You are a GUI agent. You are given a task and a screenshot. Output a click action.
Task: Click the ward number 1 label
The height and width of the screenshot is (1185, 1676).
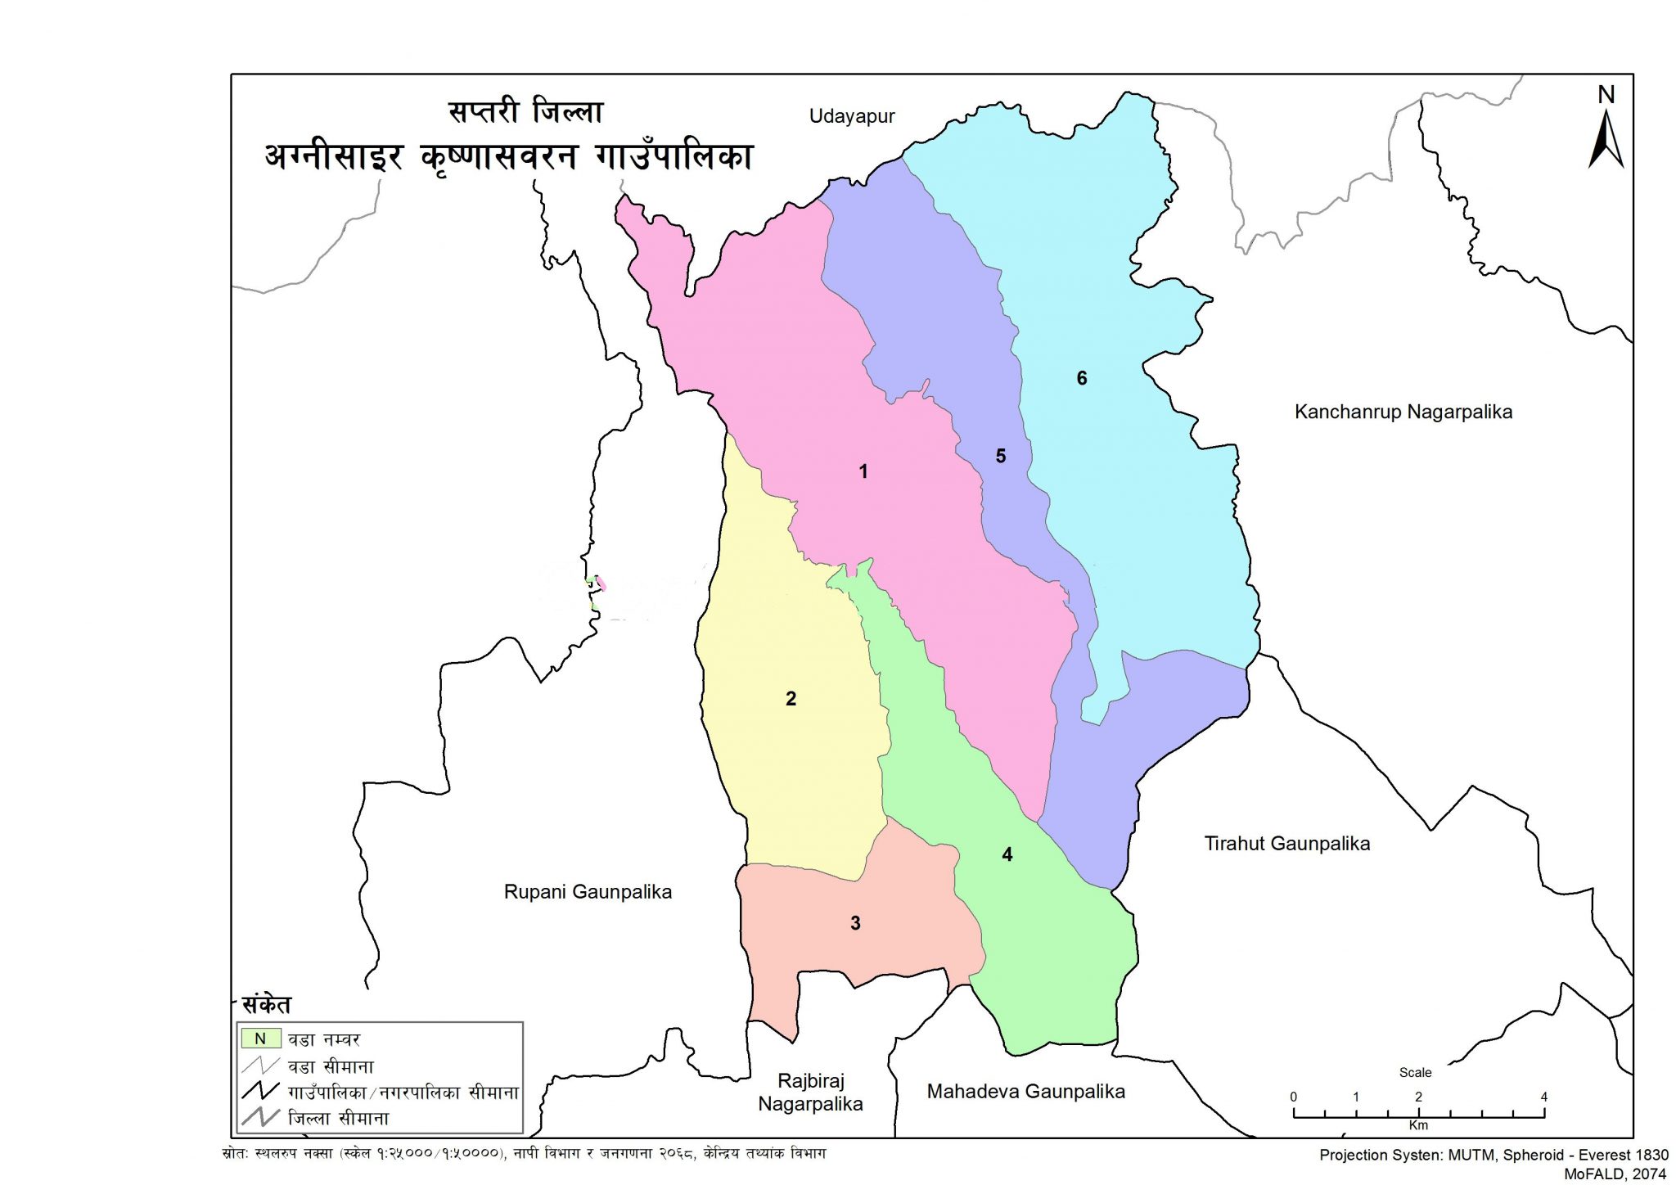click(863, 471)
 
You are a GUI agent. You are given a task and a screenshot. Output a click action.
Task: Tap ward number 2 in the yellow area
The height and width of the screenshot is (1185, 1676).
click(791, 699)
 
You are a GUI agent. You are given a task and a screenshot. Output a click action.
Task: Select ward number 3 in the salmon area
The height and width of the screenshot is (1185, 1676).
click(855, 923)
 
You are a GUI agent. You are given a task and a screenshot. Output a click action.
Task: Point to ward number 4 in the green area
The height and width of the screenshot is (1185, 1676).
click(1007, 854)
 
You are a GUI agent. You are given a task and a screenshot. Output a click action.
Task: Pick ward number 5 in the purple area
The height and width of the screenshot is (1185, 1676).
click(1000, 456)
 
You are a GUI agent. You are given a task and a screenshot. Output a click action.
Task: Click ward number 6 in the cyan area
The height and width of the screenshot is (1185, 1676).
click(1081, 378)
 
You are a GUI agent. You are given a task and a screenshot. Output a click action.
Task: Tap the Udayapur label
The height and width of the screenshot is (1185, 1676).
click(852, 116)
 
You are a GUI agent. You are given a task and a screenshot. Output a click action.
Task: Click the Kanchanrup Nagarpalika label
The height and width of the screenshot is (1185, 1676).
click(1403, 412)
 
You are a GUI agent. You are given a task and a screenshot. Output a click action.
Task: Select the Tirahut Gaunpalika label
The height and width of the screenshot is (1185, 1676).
click(1286, 844)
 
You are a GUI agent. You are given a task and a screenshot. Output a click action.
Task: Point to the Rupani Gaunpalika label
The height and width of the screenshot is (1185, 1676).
click(588, 892)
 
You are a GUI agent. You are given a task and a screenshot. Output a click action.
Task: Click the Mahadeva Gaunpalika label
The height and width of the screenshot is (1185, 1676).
click(1025, 1091)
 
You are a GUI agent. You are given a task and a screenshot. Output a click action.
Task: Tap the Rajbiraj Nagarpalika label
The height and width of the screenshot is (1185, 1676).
click(810, 1093)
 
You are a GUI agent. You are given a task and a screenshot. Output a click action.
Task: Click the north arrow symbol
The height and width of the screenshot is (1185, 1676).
click(1606, 141)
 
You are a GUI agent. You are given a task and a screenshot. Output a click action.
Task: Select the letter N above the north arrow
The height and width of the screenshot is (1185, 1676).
click(1606, 95)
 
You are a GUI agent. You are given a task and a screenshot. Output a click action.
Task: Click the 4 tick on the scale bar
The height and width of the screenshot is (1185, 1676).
click(1543, 1097)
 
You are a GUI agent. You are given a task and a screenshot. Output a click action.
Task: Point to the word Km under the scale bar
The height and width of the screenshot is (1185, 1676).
click(1418, 1125)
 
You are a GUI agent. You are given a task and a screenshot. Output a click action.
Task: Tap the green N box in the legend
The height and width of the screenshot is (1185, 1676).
click(261, 1039)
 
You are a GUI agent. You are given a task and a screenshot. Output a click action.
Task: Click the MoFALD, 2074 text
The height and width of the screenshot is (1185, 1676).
click(1615, 1173)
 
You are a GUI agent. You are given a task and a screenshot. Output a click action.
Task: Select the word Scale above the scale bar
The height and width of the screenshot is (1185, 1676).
click(1415, 1072)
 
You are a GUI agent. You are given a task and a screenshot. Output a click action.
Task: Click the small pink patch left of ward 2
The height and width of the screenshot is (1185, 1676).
click(601, 583)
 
